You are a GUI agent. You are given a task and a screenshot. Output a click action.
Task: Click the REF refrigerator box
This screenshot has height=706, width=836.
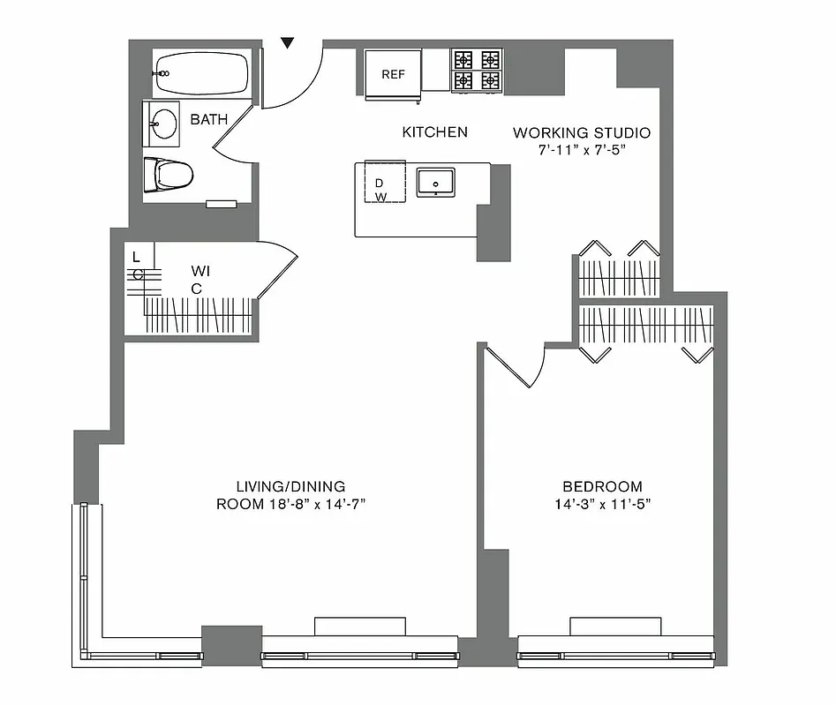pyautogui.click(x=393, y=73)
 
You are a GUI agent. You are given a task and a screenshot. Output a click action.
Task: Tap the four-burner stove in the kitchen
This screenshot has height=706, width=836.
pyautogui.click(x=477, y=71)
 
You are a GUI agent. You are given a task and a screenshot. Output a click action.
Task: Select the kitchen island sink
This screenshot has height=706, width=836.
pyautogui.click(x=435, y=184)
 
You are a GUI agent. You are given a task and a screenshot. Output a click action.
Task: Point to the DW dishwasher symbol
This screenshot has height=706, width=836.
pyautogui.click(x=380, y=189)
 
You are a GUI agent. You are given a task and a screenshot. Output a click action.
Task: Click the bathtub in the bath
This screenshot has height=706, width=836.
pyautogui.click(x=201, y=73)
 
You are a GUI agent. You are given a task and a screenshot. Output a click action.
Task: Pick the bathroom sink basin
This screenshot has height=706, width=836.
pyautogui.click(x=162, y=123)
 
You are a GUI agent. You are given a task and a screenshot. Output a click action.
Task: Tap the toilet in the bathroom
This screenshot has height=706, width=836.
pyautogui.click(x=169, y=174)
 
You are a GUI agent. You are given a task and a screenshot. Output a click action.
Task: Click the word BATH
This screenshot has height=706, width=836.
pyautogui.click(x=209, y=118)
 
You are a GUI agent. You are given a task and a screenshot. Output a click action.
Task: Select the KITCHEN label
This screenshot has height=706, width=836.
pyautogui.click(x=434, y=132)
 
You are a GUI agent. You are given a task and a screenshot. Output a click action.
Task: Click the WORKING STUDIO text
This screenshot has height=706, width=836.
pyautogui.click(x=582, y=133)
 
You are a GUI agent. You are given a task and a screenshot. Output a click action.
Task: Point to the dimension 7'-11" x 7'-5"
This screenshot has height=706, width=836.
pyautogui.click(x=582, y=151)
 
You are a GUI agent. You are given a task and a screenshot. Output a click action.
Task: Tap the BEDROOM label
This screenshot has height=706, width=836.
pyautogui.click(x=602, y=486)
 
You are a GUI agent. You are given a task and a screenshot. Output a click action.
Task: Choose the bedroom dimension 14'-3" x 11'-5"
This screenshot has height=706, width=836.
pyautogui.click(x=602, y=505)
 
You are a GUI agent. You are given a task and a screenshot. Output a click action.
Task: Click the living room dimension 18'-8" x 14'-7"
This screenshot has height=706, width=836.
pyautogui.click(x=291, y=505)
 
